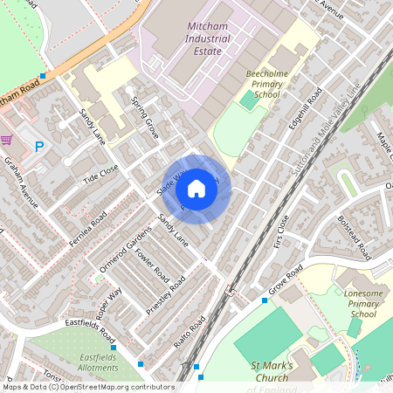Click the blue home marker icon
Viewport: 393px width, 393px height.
[x=196, y=188]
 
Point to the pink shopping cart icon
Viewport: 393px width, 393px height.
[x=7, y=140]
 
